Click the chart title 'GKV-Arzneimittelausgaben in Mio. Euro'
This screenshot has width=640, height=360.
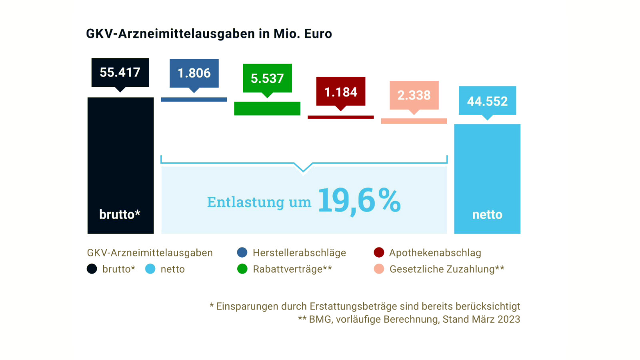pos(209,34)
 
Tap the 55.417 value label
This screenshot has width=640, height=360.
pos(120,72)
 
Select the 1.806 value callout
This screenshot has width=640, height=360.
pos(194,73)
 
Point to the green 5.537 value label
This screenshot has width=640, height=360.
pos(267,78)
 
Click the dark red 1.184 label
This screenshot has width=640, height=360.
pos(341,92)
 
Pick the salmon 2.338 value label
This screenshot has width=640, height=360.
pos(414,95)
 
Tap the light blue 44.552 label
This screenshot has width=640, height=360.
pos(487,101)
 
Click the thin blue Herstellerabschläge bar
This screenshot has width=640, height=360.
pos(194,100)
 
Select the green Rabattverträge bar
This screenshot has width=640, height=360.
pos(267,108)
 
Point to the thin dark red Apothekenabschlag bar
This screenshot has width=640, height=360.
pos(341,117)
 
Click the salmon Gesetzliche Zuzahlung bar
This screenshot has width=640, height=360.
pos(414,121)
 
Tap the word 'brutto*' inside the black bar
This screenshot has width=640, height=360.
pos(120,214)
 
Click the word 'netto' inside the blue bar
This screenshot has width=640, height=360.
pos(487,215)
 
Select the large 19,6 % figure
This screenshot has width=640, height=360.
pos(359,201)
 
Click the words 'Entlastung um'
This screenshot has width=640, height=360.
pos(259,202)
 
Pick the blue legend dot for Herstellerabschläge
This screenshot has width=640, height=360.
pos(242,252)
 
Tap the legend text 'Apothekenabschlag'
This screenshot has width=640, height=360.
pos(435,253)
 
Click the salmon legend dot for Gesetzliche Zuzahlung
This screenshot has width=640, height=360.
pos(379,269)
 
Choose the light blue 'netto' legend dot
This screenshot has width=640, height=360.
pos(150,269)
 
